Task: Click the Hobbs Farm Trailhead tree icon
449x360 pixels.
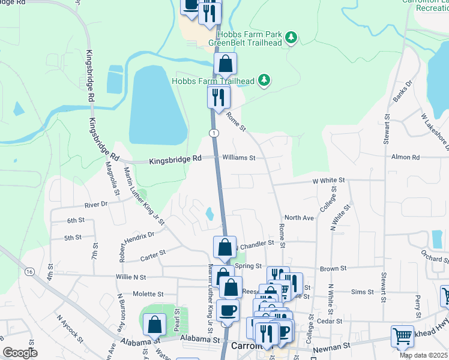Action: [x=263, y=80]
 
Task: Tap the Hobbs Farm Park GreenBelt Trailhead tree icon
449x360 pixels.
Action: [x=291, y=38]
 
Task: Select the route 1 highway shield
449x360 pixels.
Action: [x=213, y=132]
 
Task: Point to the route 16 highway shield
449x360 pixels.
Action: [x=29, y=271]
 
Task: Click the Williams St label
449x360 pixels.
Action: [x=239, y=158]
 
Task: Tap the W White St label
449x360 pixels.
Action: [x=328, y=180]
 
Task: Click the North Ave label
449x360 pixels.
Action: [x=300, y=218]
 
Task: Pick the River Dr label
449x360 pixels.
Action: [x=96, y=205]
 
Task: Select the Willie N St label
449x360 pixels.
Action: [x=131, y=277]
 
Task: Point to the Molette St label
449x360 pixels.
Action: [x=148, y=294]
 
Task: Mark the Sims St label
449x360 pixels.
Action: [x=362, y=292]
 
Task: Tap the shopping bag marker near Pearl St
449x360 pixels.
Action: [x=155, y=325]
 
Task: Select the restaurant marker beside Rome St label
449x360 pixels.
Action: [x=218, y=96]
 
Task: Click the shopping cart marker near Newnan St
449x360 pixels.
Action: [x=402, y=336]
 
